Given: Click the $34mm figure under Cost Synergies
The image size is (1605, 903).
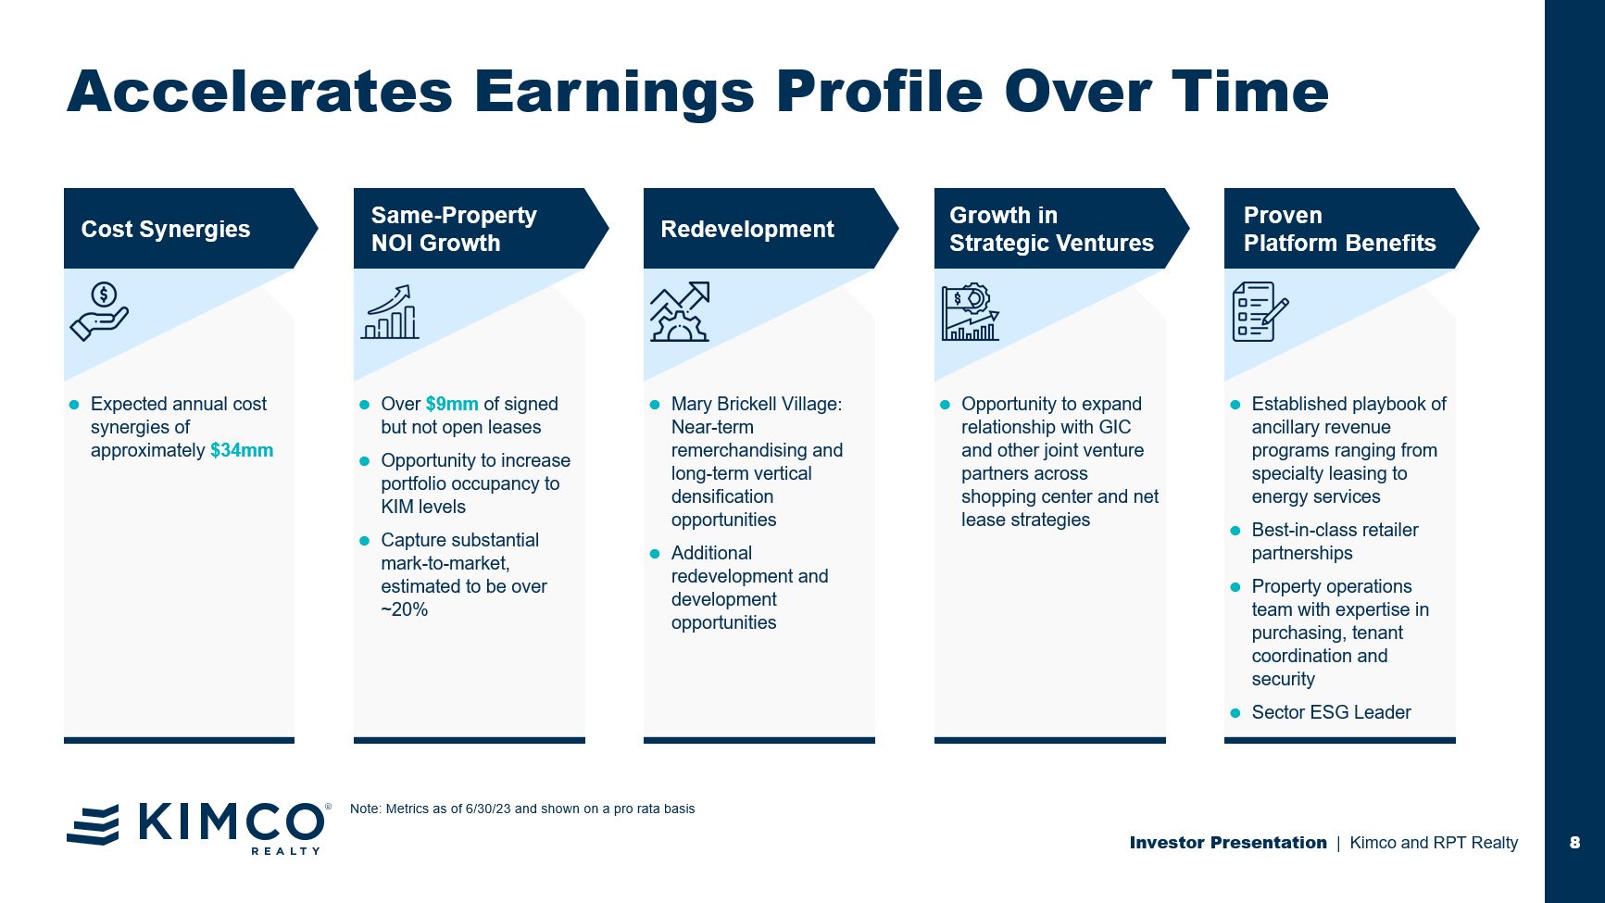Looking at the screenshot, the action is pyautogui.click(x=242, y=451).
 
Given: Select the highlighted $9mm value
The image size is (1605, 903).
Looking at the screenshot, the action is pyautogui.click(x=452, y=405).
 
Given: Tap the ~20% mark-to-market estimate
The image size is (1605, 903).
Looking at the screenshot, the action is pyautogui.click(x=405, y=609).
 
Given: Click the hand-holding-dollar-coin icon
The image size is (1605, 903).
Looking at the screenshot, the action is pyautogui.click(x=100, y=312).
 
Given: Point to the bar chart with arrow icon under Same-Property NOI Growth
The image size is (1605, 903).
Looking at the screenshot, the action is pyautogui.click(x=390, y=312).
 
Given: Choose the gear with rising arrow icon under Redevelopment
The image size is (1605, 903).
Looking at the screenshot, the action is pyautogui.click(x=680, y=312).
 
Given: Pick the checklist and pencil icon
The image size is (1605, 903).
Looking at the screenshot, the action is pyautogui.click(x=1260, y=312).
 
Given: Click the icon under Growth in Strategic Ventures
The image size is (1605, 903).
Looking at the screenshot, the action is pyautogui.click(x=971, y=312).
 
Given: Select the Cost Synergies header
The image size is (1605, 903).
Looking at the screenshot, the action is pyautogui.click(x=166, y=229).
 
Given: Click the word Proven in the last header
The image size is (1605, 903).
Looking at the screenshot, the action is pyautogui.click(x=1283, y=216).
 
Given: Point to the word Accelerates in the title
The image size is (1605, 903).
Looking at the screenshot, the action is pyautogui.click(x=259, y=92).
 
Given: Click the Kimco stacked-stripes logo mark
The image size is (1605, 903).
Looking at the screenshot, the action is pyautogui.click(x=93, y=824).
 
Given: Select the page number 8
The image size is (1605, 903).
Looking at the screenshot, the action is pyautogui.click(x=1574, y=843).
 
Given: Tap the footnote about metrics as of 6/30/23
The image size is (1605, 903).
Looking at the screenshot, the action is pyautogui.click(x=522, y=809).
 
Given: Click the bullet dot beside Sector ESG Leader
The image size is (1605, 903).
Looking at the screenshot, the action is pyautogui.click(x=1235, y=713).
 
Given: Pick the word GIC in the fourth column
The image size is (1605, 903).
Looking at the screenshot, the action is pyautogui.click(x=1115, y=428).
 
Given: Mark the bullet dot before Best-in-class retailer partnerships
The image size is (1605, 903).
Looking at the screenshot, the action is pyautogui.click(x=1235, y=531).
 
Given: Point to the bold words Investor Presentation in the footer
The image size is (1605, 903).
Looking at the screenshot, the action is pyautogui.click(x=1228, y=843).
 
